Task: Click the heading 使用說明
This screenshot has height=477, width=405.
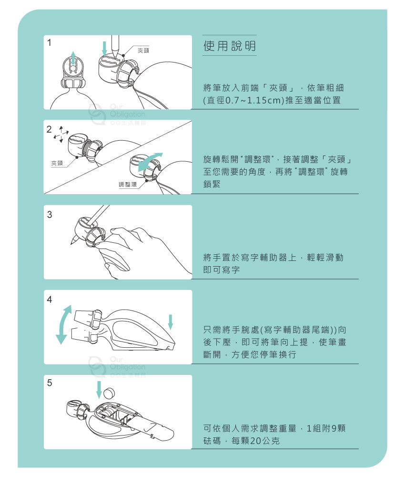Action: tap(229, 46)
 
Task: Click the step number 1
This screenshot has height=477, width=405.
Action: tap(49, 42)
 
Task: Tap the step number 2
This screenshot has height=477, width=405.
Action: tap(49, 129)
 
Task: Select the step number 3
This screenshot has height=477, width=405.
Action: tap(50, 215)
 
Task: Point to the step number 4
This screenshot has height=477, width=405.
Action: tap(50, 300)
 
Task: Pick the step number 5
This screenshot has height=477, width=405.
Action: tap(50, 383)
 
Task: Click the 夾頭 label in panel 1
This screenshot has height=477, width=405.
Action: tap(143, 51)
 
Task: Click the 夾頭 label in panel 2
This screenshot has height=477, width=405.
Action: tap(57, 163)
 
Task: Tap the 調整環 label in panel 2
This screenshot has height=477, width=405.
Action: tap(128, 184)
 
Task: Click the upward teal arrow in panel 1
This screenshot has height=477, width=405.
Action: tap(73, 58)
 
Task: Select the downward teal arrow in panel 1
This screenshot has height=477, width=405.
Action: tap(104, 48)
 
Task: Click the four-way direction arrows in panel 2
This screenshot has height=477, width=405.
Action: tap(61, 134)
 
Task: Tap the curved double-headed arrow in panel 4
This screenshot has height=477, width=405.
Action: tap(63, 324)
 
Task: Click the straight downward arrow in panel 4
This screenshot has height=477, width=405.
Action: tap(171, 322)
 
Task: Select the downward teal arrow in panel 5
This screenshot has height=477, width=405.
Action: tap(99, 389)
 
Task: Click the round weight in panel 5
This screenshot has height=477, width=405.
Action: tap(110, 393)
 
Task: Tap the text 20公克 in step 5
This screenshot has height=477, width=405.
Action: tap(265, 441)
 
